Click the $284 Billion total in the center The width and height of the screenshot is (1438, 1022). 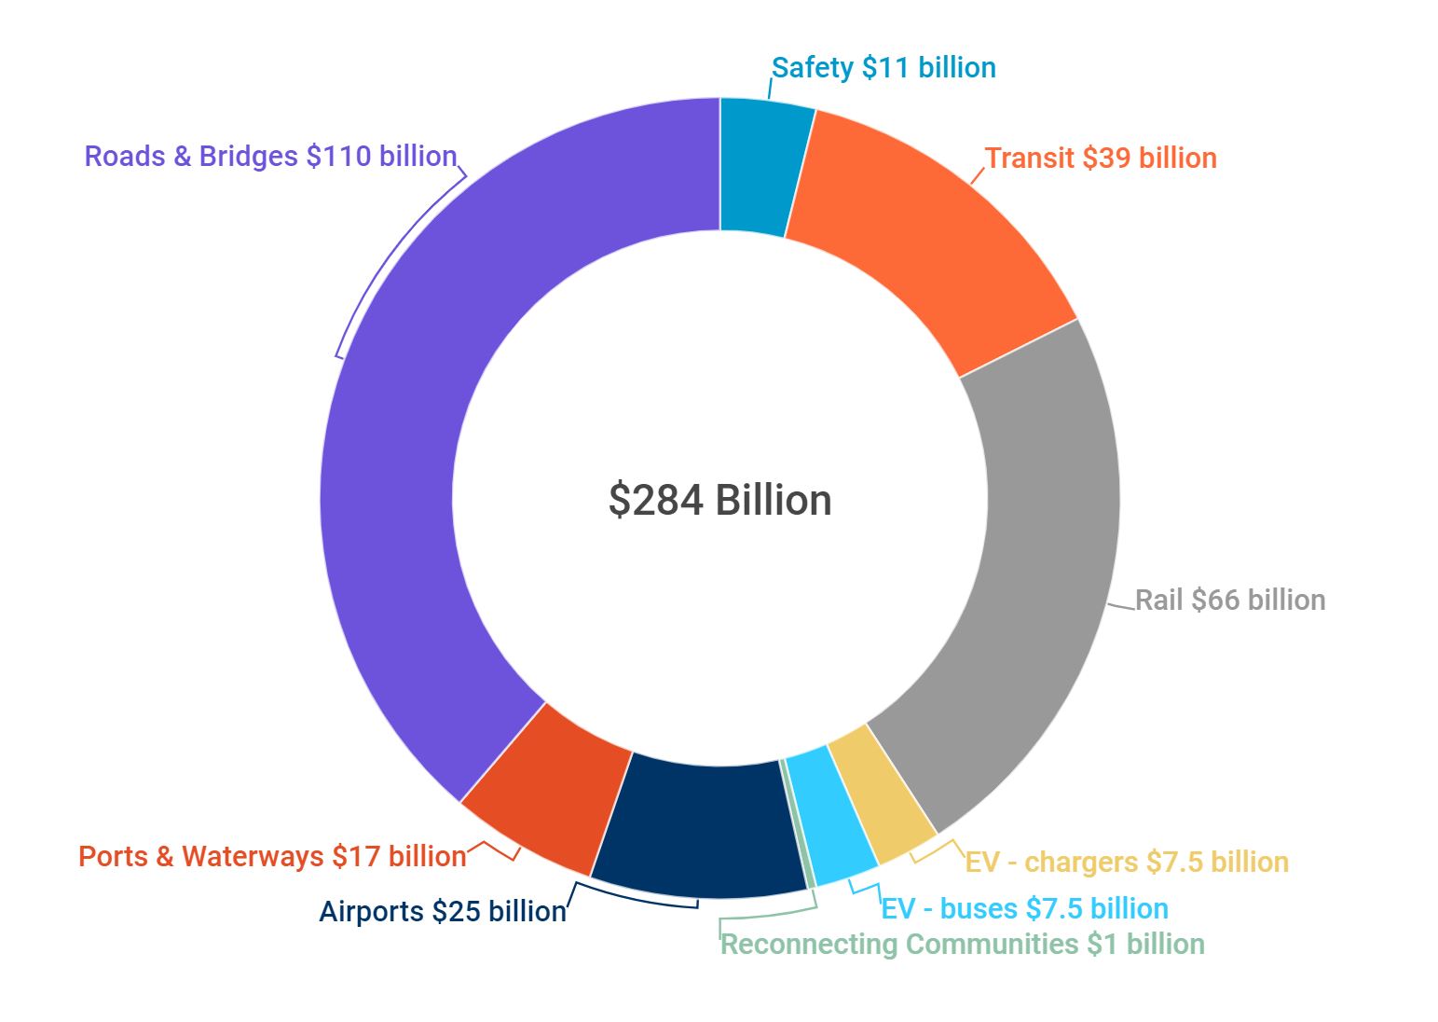[719, 500]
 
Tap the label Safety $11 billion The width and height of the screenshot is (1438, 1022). [883, 68]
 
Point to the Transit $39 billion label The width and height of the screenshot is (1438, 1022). [1101, 158]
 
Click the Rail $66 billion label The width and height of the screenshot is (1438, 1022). [1230, 600]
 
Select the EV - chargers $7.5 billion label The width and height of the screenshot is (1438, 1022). [1127, 862]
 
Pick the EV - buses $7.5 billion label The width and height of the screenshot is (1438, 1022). [1024, 908]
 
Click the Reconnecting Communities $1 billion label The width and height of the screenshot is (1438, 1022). [963, 945]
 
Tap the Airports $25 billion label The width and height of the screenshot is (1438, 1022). [443, 911]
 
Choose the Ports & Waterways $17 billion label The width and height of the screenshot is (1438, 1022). [272, 856]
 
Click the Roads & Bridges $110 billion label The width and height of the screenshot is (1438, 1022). [270, 156]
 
